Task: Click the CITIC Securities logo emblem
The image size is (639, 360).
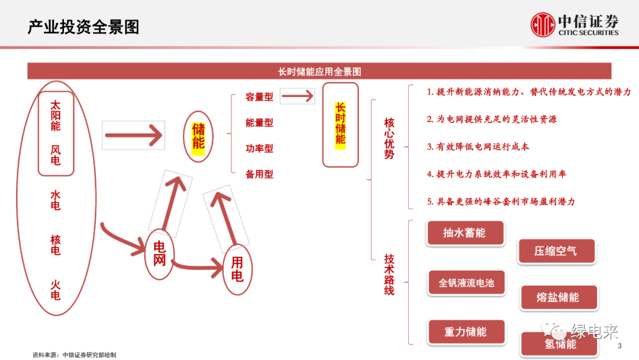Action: (543, 25)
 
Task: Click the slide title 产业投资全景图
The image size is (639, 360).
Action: (83, 27)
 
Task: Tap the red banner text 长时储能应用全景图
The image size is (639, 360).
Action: (319, 72)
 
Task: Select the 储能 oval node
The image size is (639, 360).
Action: (198, 137)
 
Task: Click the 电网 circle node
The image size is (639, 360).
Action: (160, 253)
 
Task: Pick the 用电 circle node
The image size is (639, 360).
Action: (237, 270)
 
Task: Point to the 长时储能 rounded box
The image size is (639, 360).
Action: (340, 124)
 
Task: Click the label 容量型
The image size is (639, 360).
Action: (259, 97)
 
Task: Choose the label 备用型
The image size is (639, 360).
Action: (259, 175)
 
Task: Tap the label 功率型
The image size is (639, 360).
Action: (259, 149)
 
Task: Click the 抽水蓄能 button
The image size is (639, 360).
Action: (465, 233)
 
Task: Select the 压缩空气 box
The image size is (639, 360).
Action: (556, 251)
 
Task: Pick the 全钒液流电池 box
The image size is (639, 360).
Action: (466, 283)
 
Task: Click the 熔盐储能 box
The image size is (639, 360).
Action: (558, 297)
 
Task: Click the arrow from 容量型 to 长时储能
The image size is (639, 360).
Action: (298, 96)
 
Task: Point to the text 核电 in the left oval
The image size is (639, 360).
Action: (56, 245)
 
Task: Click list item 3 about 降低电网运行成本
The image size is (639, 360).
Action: (478, 147)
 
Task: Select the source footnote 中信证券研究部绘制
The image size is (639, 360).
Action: (75, 355)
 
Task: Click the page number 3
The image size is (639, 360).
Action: (619, 346)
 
